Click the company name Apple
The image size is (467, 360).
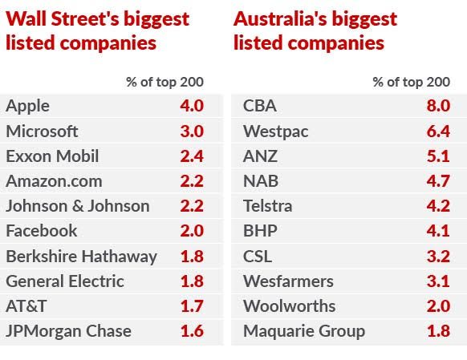click(28, 106)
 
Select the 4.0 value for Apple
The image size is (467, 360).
click(191, 106)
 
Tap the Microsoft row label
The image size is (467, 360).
click(42, 131)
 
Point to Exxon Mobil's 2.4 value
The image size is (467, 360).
click(191, 156)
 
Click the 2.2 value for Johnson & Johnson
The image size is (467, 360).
click(191, 206)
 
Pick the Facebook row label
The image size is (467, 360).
click(42, 231)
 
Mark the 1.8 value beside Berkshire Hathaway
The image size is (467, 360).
click(191, 257)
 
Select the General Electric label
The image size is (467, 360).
click(65, 281)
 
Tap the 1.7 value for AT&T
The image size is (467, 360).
click(191, 306)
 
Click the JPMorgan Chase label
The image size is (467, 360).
click(68, 331)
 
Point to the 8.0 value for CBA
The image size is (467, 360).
click(438, 106)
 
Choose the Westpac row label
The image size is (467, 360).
click(275, 131)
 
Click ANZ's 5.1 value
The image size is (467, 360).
click(438, 156)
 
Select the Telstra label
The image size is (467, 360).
click(268, 206)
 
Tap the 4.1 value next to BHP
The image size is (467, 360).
click(438, 231)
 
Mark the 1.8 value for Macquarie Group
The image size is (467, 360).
click(438, 331)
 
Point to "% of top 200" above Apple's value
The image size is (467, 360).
click(164, 81)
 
